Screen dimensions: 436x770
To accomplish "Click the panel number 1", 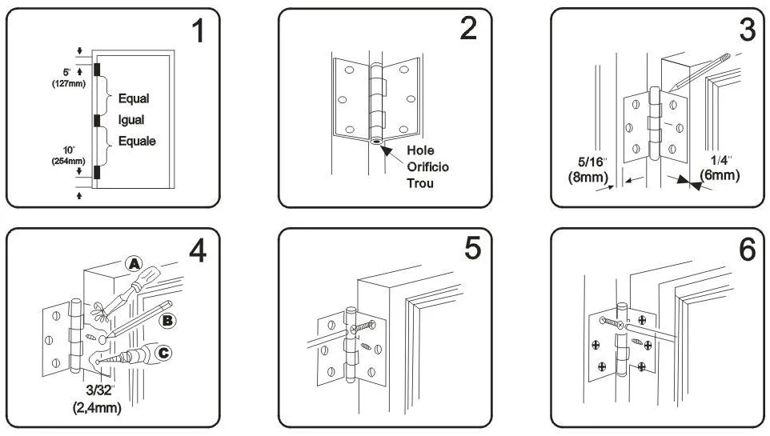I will click(198, 32).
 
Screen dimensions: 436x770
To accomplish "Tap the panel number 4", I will click(197, 250).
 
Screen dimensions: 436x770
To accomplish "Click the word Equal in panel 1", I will click(134, 99).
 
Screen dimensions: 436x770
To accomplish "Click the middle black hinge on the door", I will click(97, 121).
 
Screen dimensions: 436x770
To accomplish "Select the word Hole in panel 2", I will click(421, 151).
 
